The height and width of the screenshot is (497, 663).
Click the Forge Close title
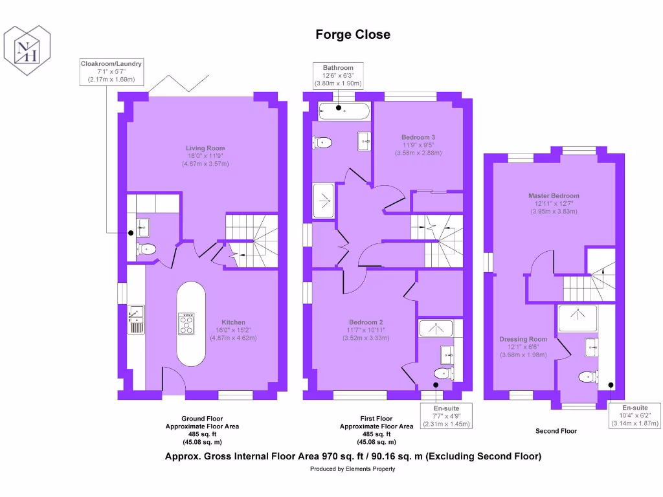tap(353, 34)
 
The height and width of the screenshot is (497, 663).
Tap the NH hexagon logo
tap(27, 49)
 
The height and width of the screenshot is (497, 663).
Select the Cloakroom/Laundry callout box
tap(111, 72)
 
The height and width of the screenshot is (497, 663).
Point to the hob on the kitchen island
tap(186, 323)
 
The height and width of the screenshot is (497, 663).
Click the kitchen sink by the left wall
tap(136, 318)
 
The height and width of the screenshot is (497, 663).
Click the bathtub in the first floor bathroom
tap(344, 111)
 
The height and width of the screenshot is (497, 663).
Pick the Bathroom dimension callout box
tap(338, 76)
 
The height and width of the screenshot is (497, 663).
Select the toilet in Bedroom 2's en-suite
tap(442, 373)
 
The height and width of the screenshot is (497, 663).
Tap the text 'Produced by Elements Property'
tap(353, 469)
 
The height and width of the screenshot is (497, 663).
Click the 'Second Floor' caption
tap(556, 431)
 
